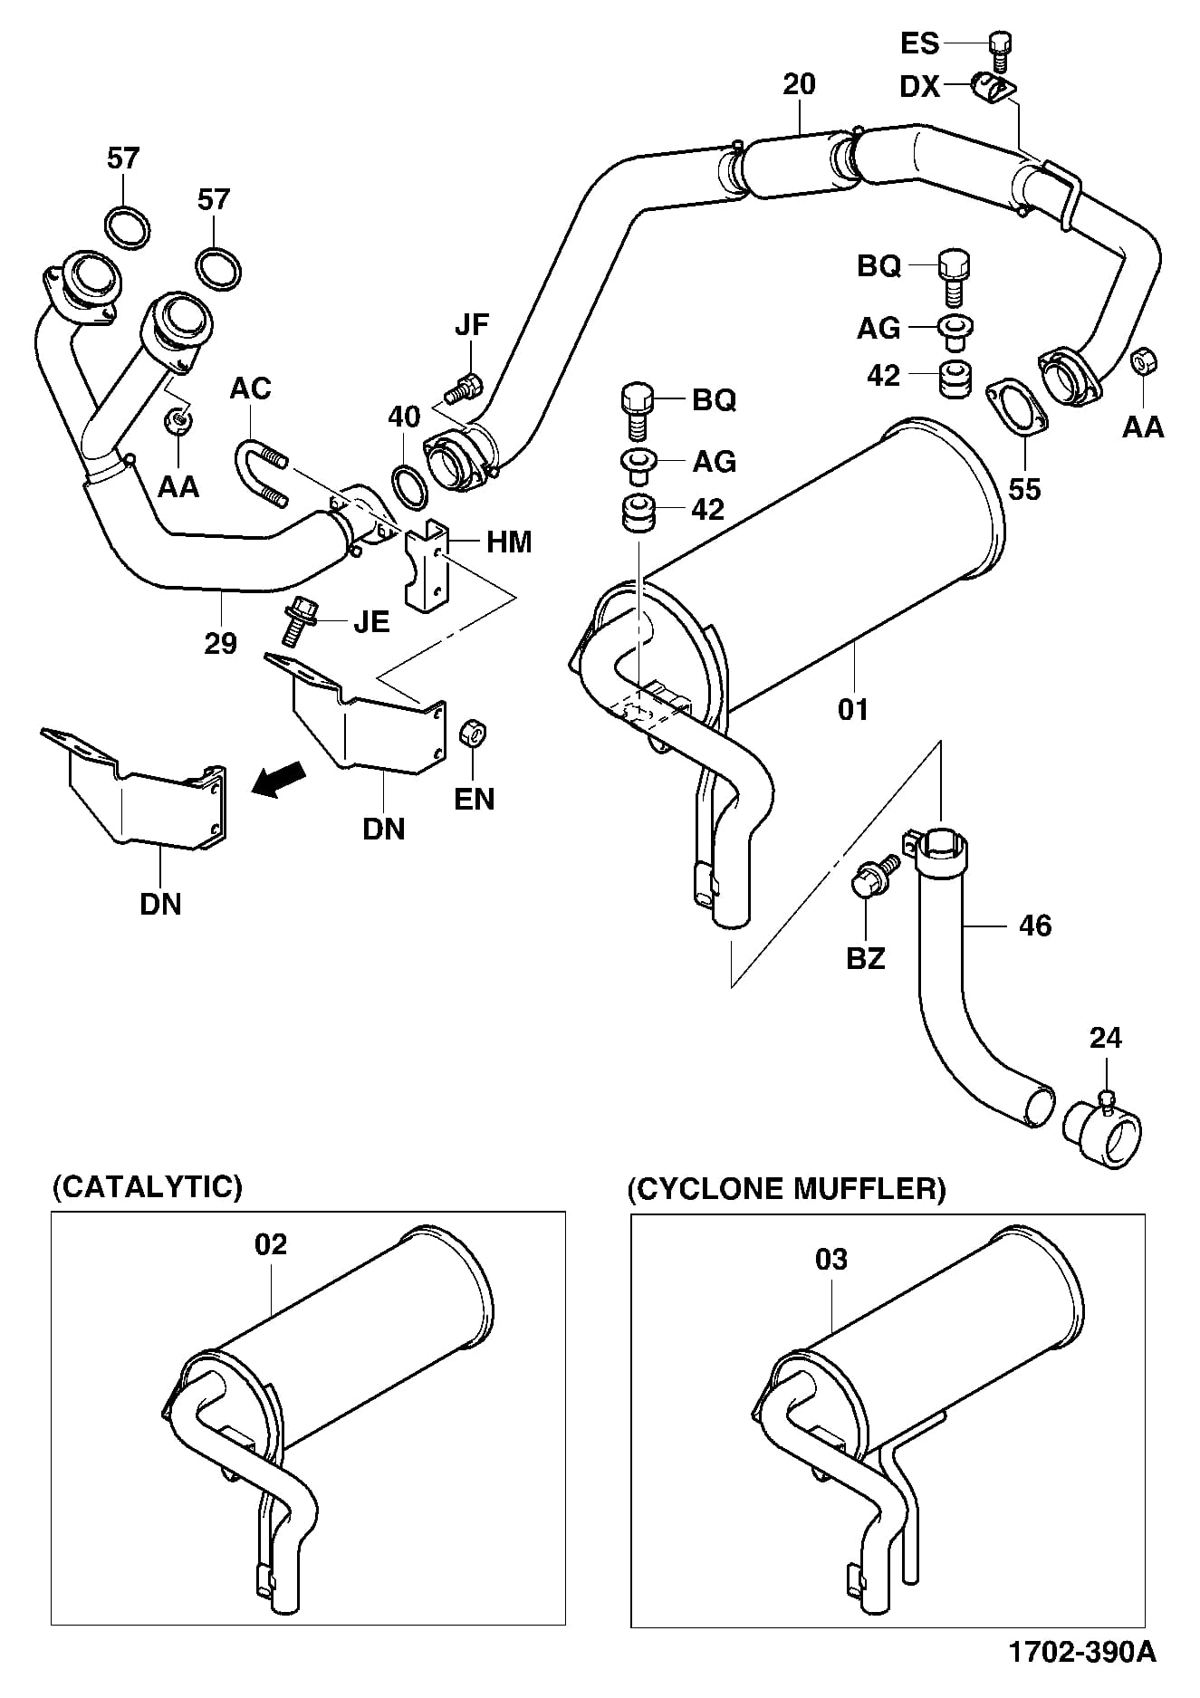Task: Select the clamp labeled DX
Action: pos(992,89)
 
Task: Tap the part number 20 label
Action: pos(799,84)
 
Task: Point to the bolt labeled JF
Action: pos(464,389)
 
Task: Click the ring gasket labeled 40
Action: pos(409,488)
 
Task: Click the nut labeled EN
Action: pos(472,733)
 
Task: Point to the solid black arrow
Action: pos(278,779)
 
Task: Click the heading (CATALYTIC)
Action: pos(148,1186)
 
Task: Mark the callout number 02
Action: pos(270,1244)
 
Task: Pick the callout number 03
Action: pos(830,1259)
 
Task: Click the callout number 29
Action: pos(220,643)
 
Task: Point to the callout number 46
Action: pos(1035,925)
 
